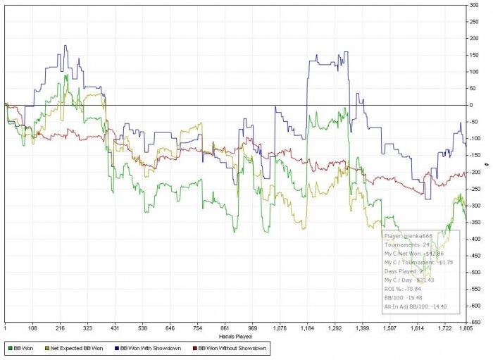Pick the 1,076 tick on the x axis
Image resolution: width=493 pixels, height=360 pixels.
point(280,328)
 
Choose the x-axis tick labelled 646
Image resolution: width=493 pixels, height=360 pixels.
point(169,328)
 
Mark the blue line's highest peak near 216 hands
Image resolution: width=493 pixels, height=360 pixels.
point(65,46)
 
